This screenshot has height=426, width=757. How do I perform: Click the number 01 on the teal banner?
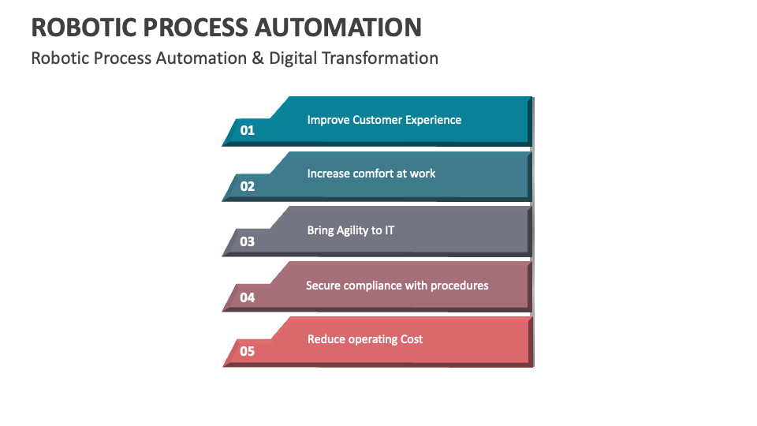(248, 130)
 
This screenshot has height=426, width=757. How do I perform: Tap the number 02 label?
(248, 186)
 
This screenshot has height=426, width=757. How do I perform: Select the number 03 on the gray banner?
(248, 241)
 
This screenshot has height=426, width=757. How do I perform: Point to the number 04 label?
(248, 297)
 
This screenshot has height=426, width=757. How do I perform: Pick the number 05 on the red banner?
(248, 351)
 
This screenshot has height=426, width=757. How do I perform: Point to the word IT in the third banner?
(389, 230)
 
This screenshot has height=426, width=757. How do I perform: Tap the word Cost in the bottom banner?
(411, 339)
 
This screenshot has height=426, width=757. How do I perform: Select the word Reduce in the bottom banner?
(326, 339)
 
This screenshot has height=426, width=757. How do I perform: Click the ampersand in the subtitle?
(257, 58)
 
